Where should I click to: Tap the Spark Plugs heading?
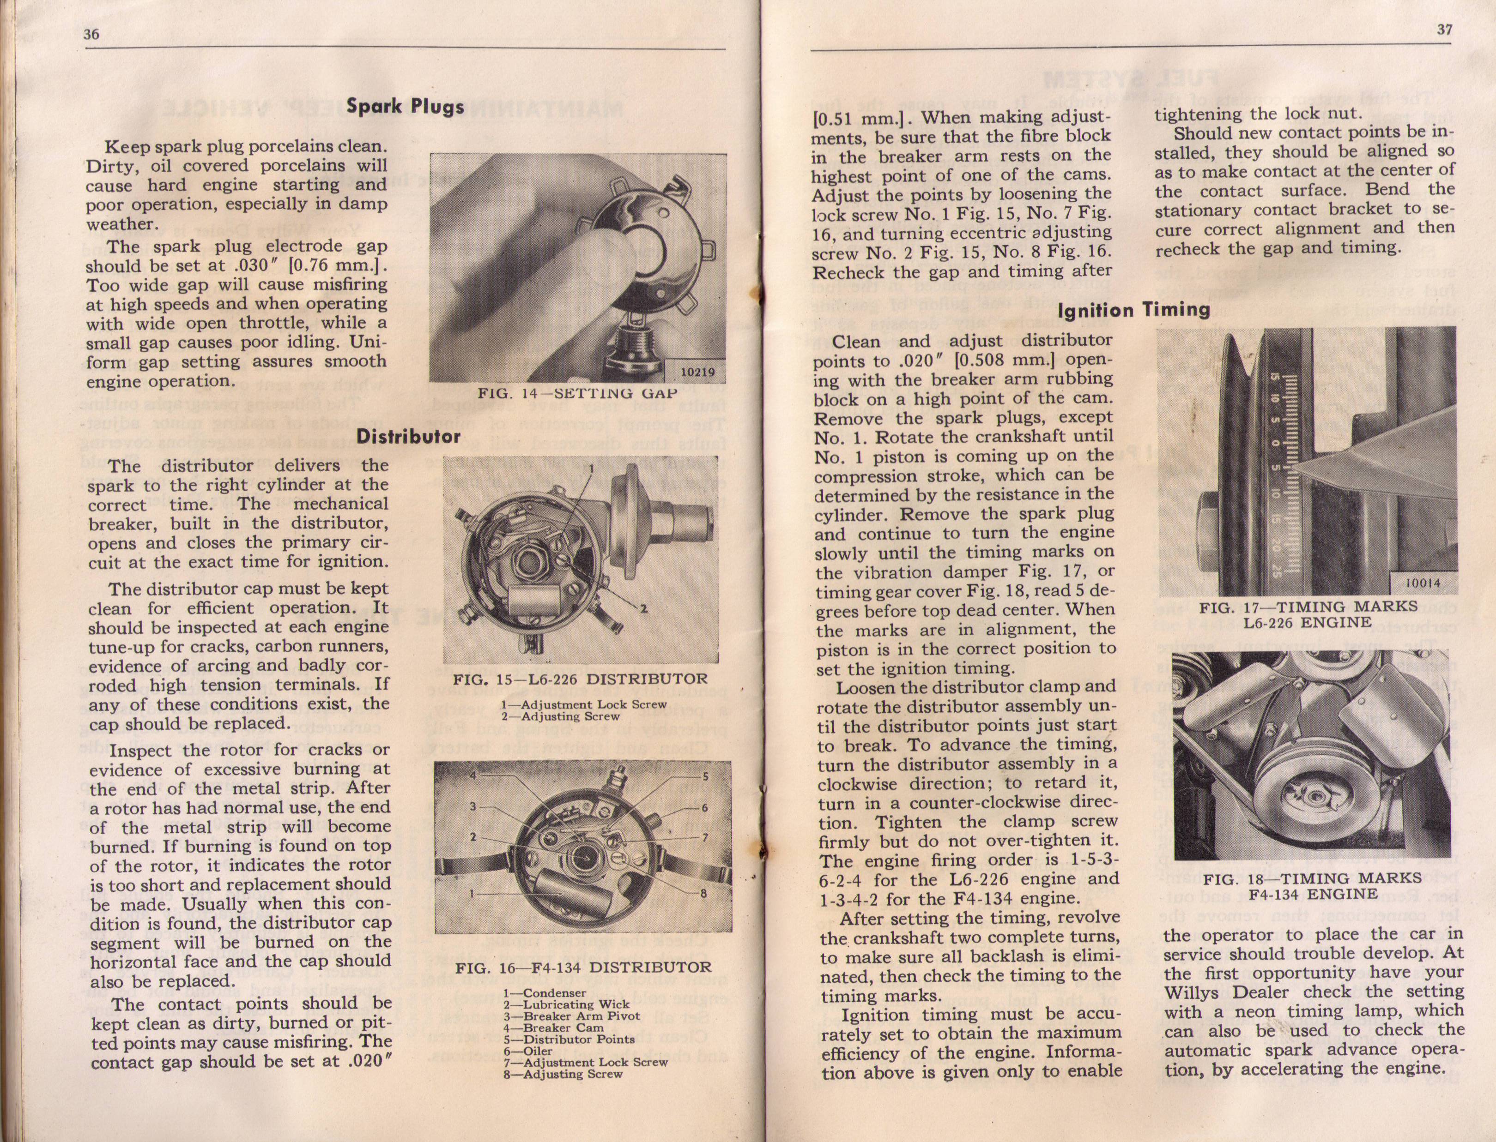coord(405,106)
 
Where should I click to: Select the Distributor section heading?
coord(409,436)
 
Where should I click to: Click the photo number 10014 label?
coord(1421,582)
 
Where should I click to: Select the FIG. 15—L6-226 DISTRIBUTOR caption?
coord(580,679)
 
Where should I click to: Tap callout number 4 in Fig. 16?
coord(474,776)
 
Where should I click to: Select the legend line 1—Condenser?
coord(544,993)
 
